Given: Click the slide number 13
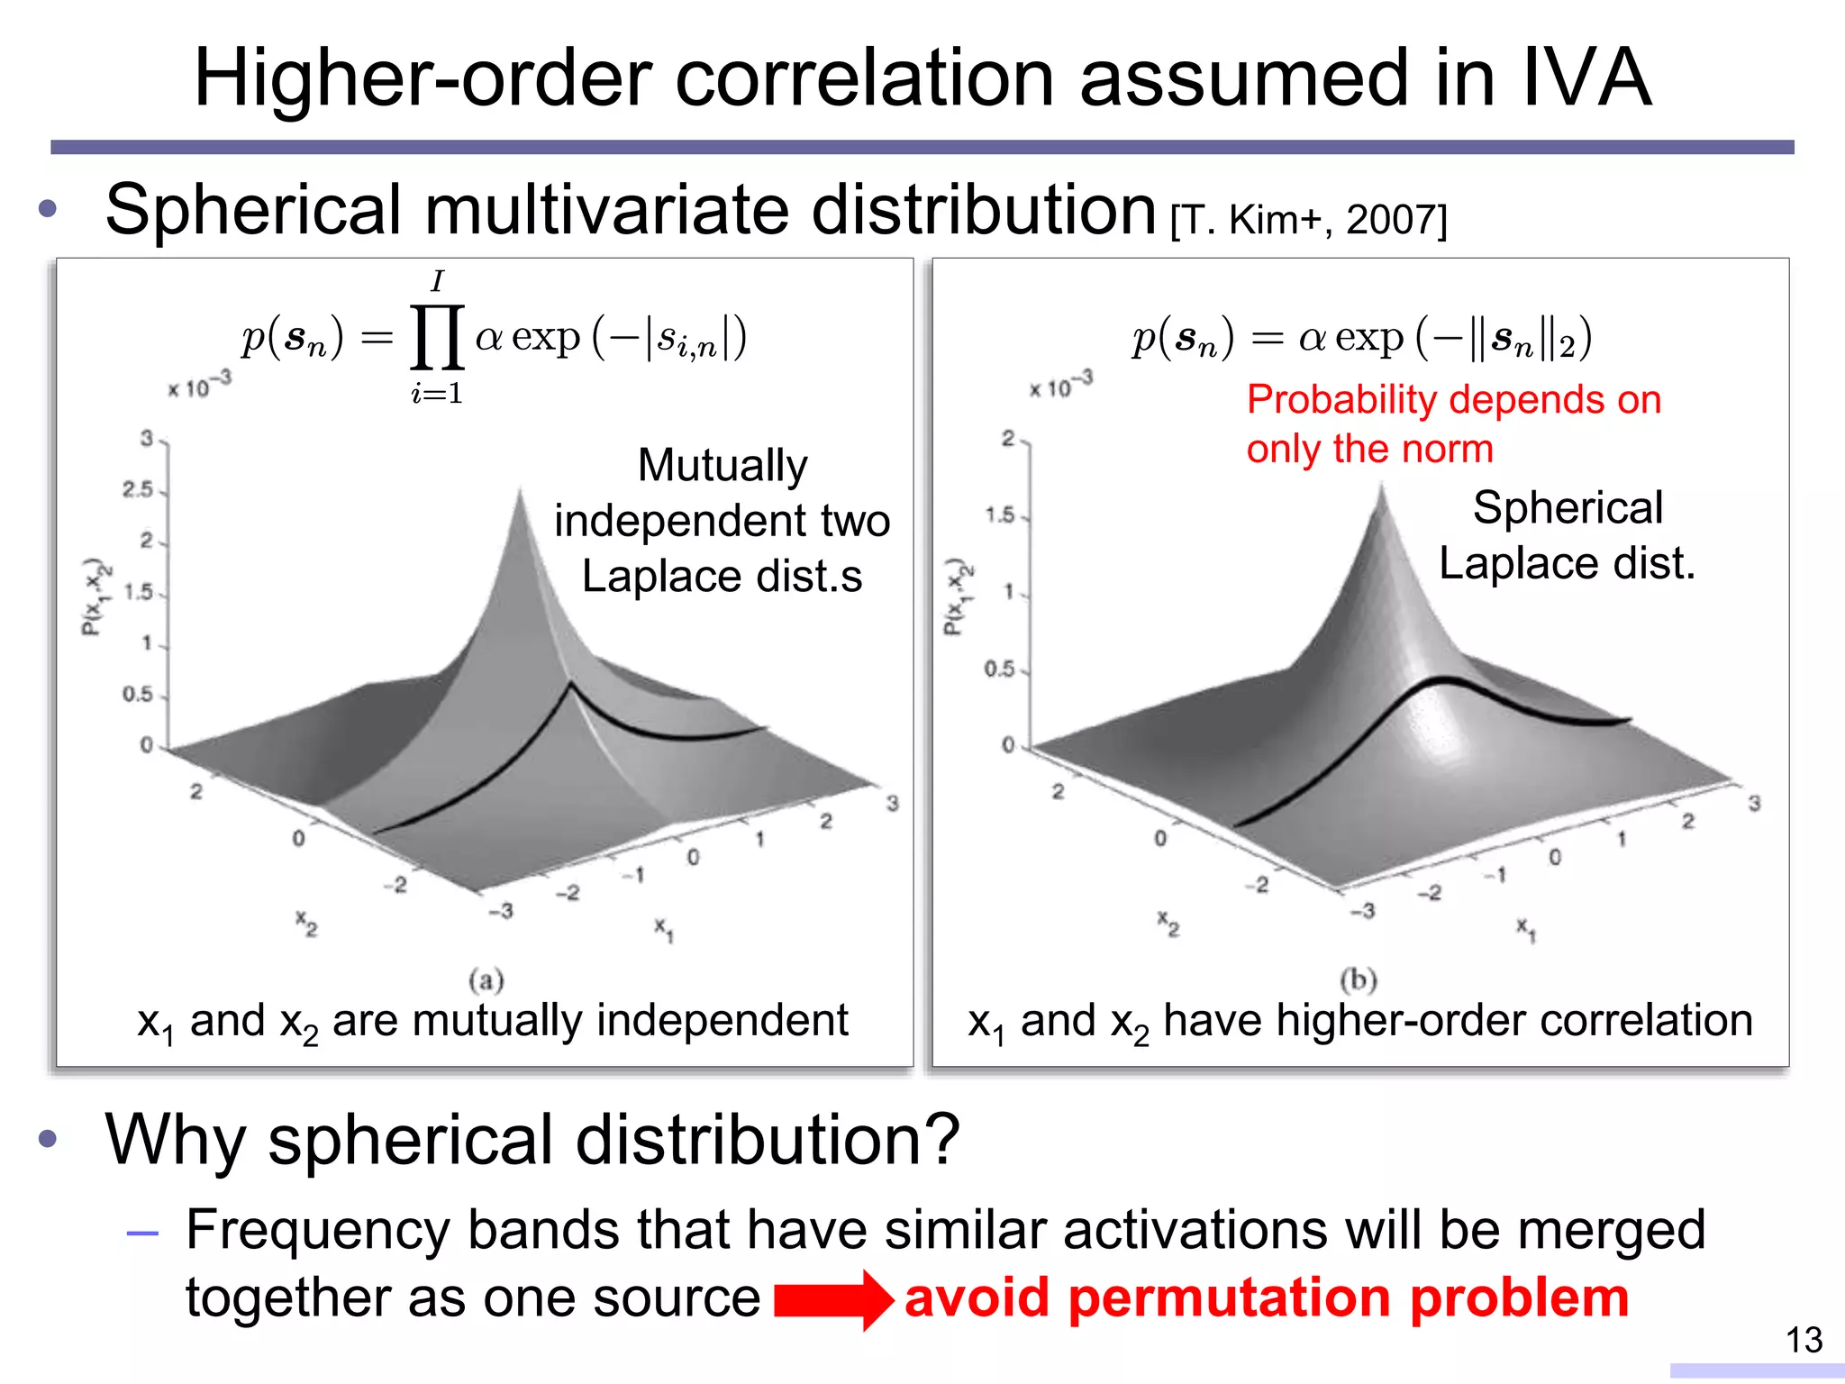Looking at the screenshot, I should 1804,1340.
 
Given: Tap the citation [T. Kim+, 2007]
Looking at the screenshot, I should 1308,220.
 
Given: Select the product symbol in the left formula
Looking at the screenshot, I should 437,337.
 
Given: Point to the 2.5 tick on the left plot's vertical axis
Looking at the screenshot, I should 138,489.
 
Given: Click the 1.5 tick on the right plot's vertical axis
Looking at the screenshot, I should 1000,515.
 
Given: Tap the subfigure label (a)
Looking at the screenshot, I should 486,979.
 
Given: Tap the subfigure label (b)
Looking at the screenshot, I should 1359,979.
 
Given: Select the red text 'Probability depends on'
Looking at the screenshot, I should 1453,399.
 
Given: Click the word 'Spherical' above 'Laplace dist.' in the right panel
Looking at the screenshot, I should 1568,508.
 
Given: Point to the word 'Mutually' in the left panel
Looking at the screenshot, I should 723,466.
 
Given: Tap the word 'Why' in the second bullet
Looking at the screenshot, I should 174,1140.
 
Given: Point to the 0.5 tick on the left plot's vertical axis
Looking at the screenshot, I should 138,695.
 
